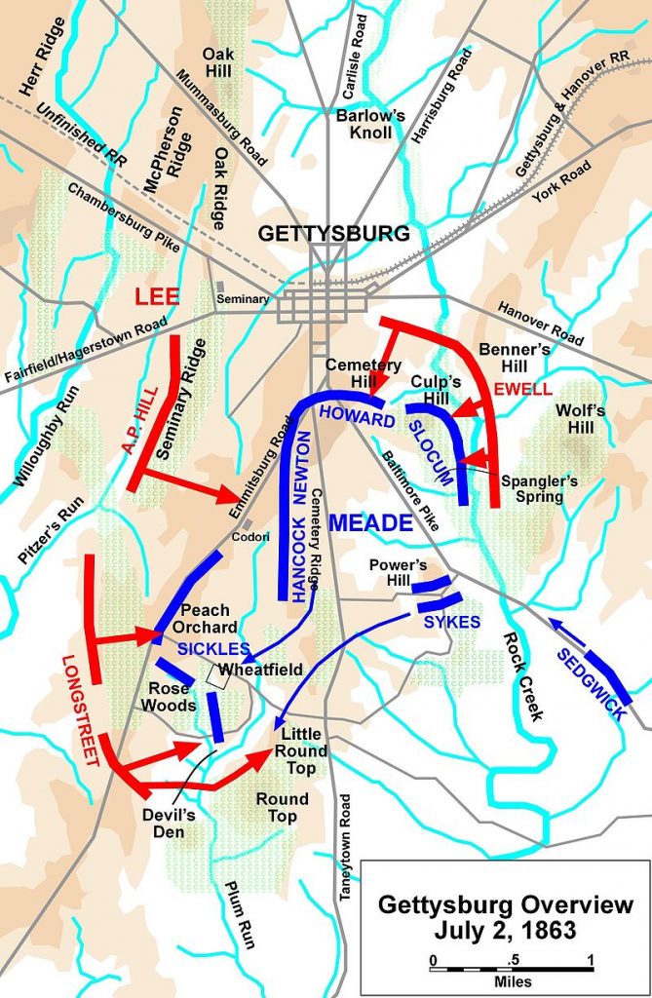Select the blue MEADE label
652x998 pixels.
tap(371, 523)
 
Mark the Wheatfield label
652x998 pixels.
tap(259, 672)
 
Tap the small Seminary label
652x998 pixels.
tap(243, 299)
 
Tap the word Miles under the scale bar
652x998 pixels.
tap(511, 977)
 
